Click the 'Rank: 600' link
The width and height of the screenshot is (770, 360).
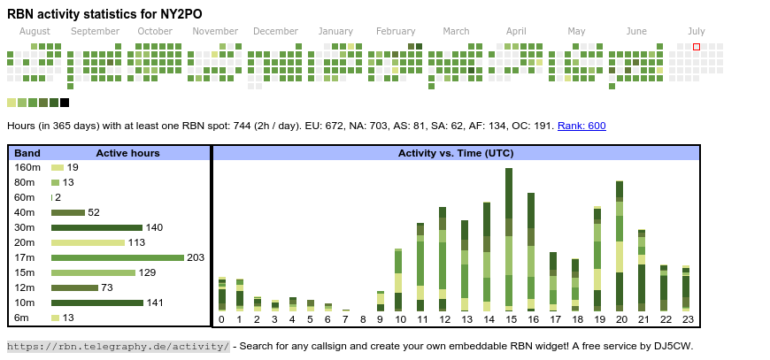coord(581,126)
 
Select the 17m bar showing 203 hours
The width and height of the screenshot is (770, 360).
coord(117,257)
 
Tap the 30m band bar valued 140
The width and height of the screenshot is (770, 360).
coord(96,227)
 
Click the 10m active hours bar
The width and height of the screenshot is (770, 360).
coord(96,303)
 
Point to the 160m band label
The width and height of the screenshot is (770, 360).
coord(27,167)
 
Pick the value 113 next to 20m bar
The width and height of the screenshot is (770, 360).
coord(136,242)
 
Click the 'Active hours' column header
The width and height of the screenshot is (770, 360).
coord(127,153)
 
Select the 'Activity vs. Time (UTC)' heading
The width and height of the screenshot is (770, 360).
coord(456,153)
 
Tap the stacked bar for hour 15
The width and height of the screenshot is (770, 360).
coord(509,239)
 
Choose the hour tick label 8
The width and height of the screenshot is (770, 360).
coord(363,319)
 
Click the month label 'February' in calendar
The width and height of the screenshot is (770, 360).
coord(396,31)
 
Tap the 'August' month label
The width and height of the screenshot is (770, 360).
coord(35,31)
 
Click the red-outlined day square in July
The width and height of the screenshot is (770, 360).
coord(697,46)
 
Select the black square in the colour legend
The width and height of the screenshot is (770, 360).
coord(65,103)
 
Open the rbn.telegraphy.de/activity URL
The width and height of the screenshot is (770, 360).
coord(119,346)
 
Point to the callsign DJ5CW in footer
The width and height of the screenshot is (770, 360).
coord(673,346)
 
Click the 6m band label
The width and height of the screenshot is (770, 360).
coord(21,318)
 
